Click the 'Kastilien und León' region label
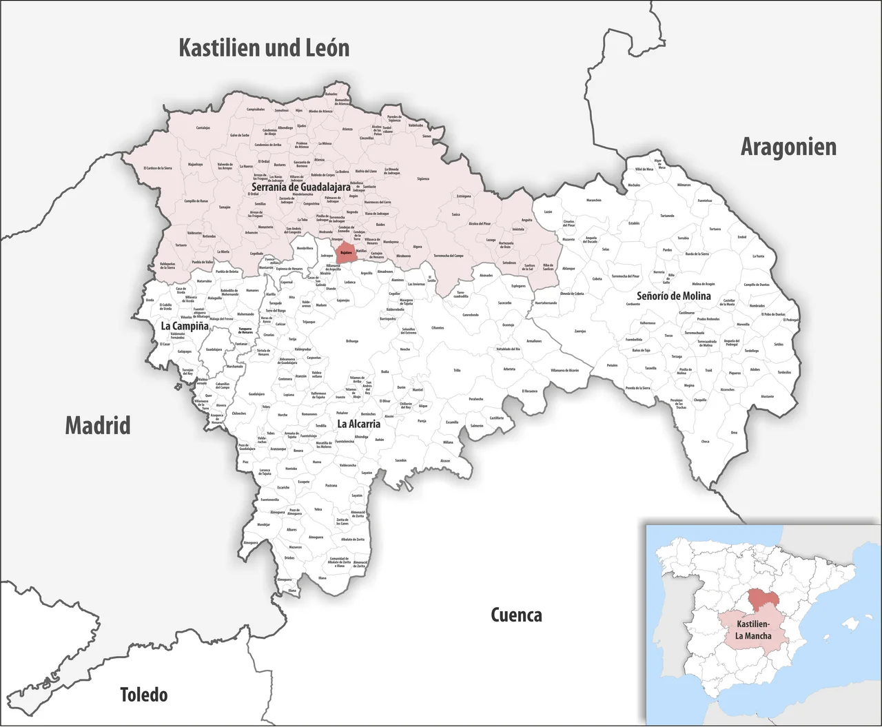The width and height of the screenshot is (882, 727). pos(264,48)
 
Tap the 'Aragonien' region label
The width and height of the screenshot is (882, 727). pos(788,147)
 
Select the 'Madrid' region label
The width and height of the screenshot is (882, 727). pos(98,425)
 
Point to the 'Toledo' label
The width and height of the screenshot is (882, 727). pos(143,694)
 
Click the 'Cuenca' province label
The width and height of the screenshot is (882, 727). pos(516,615)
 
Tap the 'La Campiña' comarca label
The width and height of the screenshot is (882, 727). pos(184,326)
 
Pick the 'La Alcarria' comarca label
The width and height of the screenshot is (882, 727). pos(358,424)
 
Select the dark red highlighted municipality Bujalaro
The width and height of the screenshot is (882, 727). pos(345,252)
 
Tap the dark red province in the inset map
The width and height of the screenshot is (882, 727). pos(762,600)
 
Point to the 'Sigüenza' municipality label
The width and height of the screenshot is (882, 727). pos(422,179)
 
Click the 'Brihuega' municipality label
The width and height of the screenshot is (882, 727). pos(352,340)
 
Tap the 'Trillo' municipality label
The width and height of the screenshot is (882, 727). pos(456,371)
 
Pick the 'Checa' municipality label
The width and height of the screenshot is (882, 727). pos(705,442)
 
